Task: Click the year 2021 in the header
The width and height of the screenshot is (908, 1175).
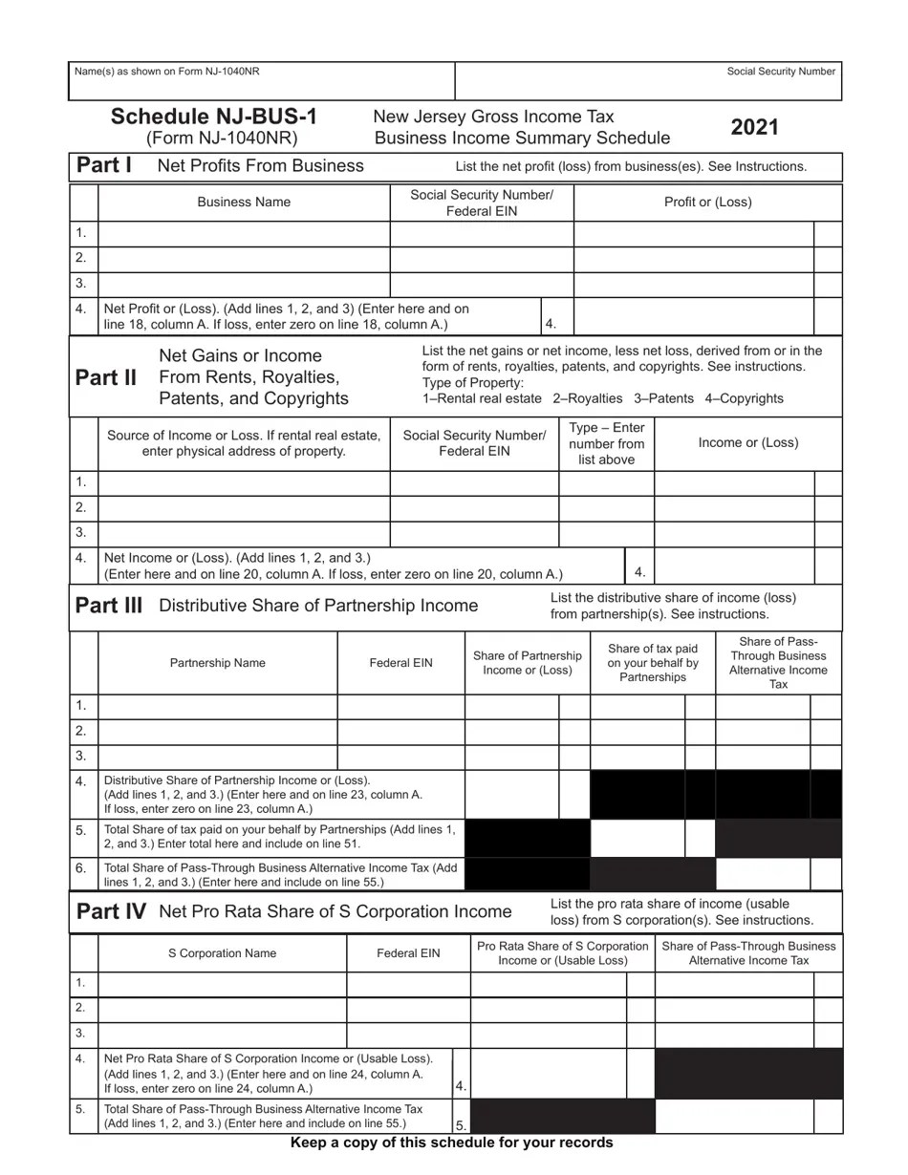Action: coord(755,128)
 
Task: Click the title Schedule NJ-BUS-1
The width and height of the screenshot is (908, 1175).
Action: coord(214,117)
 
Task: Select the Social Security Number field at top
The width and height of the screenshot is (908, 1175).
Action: coord(648,83)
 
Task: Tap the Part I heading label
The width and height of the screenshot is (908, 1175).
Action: coord(104,165)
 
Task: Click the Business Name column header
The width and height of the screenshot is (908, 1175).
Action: coord(244,203)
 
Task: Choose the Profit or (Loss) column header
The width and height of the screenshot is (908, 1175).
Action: coord(707,203)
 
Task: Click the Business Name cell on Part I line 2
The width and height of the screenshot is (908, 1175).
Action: coord(244,258)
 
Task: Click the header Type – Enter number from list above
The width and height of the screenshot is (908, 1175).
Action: coord(606,443)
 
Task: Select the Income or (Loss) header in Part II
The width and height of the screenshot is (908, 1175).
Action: coord(747,442)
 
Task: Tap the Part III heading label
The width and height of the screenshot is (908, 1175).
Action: coord(109,606)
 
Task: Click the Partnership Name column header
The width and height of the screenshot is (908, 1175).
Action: coord(218,663)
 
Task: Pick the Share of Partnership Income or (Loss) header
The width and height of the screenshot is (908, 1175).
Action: coord(527,663)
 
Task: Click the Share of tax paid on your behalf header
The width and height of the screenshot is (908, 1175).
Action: coord(653,663)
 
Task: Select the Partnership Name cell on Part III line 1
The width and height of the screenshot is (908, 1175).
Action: coord(218,706)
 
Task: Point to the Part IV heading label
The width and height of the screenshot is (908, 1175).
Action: coord(111,911)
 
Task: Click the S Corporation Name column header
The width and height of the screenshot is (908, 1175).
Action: coord(222,953)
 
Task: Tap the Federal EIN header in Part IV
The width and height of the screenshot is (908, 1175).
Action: coord(408,953)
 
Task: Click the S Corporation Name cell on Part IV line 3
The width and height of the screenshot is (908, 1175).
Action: coord(222,1034)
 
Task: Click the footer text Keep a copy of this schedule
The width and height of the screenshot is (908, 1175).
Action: coord(451,1143)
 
